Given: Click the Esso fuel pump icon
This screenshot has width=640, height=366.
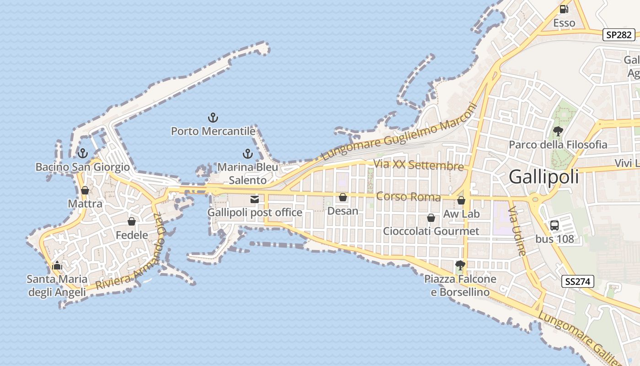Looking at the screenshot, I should pos(564,9).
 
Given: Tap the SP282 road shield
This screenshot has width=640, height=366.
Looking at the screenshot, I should pos(619,35).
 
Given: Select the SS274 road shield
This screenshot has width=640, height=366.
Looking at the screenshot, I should pos(577,281).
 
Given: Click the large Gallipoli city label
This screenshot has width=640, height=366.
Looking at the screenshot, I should pos(544,177).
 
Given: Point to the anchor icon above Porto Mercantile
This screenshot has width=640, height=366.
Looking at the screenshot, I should pos(213,118).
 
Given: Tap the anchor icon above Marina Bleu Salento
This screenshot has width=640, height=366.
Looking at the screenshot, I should pos(248,154).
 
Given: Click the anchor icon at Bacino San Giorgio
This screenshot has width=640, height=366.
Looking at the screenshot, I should pos(83,153).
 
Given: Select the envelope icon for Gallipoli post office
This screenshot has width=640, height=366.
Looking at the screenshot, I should pos(255,199).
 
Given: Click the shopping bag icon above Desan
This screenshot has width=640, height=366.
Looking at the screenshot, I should pos(343,198).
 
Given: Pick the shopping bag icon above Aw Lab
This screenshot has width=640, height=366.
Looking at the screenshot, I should pos(461,200).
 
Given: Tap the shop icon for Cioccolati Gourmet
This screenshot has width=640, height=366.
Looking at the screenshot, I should pos(431,218).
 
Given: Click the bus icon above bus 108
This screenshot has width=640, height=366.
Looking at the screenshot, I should pos(555,225).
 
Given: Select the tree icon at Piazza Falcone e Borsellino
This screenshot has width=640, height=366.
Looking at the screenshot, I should pos(460,265).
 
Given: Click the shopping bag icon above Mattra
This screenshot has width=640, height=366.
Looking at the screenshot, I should pos(85,190).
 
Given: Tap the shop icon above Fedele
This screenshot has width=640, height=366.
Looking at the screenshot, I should pos(132,222).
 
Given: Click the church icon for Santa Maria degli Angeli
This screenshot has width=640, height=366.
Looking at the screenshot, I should pos(57,265).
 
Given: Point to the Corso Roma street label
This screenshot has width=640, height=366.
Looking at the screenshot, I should pos(408,197).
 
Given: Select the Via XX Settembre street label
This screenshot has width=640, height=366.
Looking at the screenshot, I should pos(418,165).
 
